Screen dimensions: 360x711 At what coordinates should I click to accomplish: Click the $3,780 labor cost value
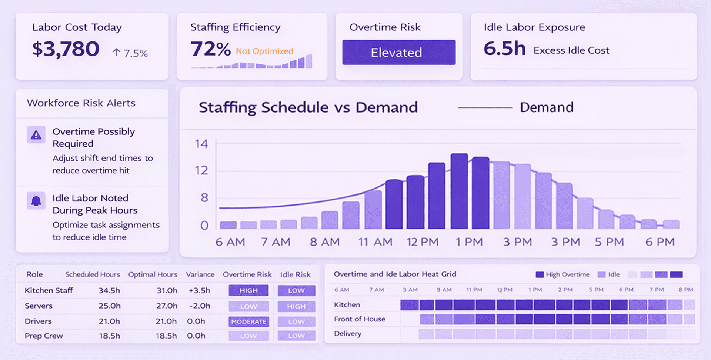(66, 49)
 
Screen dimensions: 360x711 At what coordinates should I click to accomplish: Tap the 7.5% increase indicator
(130, 53)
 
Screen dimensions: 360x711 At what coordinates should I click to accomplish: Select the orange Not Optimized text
(264, 51)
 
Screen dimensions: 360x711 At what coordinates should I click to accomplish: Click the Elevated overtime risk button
(398, 52)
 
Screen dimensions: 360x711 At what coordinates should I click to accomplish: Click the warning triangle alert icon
(36, 135)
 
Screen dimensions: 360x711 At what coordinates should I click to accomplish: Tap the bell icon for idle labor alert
(36, 201)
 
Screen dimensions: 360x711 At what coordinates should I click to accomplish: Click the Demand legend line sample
(484, 107)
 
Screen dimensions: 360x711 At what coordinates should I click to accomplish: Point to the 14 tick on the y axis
(201, 144)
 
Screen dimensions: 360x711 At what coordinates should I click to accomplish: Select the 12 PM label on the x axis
(422, 242)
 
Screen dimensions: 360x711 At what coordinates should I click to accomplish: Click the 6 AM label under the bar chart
(230, 242)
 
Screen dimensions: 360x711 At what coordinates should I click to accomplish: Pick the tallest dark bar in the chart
(459, 191)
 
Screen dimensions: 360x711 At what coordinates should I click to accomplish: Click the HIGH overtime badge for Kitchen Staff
(248, 290)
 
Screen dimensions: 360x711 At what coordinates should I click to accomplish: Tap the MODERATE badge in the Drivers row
(248, 321)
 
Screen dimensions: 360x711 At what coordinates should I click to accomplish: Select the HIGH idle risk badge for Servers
(296, 306)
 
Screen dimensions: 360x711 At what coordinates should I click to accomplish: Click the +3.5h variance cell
(199, 290)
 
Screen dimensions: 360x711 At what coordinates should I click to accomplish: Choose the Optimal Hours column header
(153, 274)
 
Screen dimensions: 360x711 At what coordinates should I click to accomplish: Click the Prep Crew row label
(44, 336)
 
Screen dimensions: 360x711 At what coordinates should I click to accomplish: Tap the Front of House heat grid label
(359, 319)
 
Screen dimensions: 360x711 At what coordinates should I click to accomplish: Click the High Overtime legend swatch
(540, 274)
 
